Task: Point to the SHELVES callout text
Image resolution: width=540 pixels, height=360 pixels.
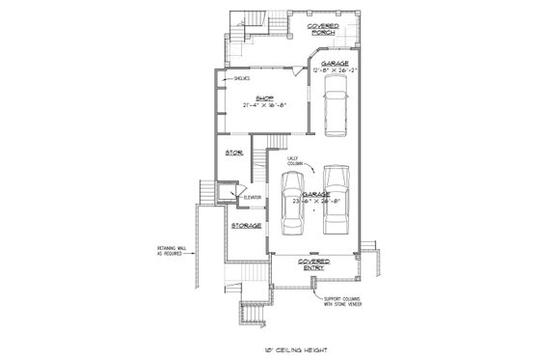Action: click(x=240, y=78)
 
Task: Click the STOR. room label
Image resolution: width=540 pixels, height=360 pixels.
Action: click(x=233, y=152)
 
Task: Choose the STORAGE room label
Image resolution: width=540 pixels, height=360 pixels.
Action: click(x=247, y=226)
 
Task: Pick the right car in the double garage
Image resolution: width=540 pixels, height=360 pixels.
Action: click(x=335, y=200)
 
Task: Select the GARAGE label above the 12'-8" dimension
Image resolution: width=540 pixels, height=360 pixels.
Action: click(x=334, y=62)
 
